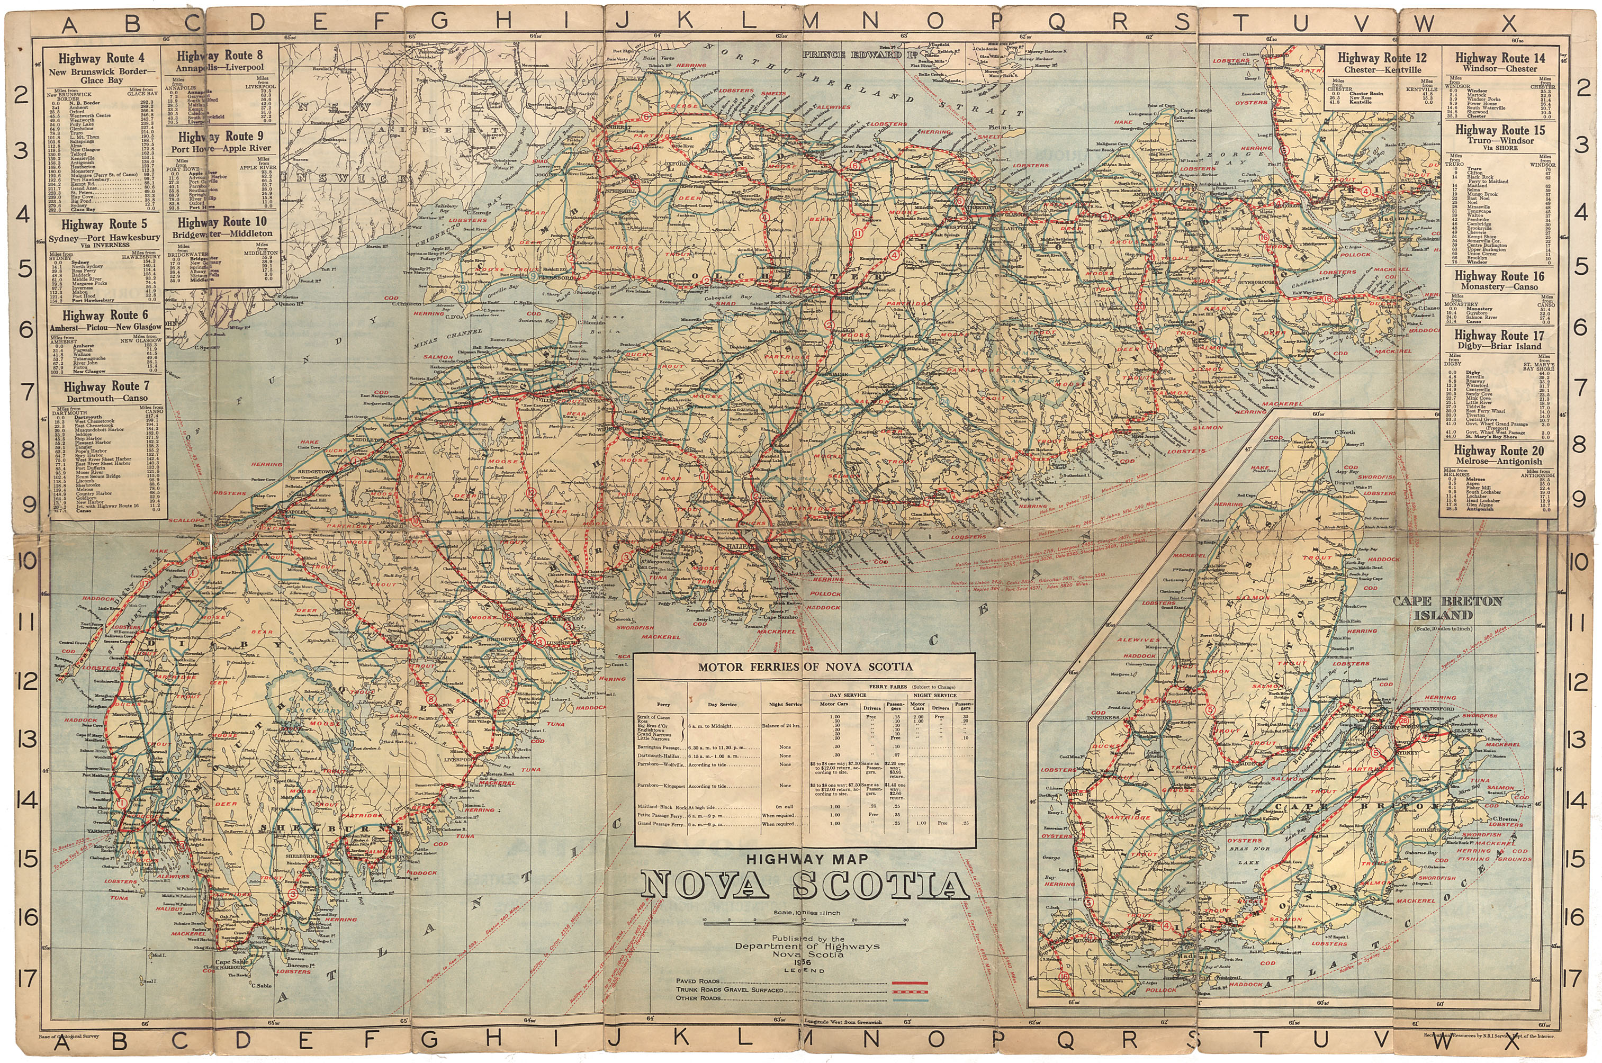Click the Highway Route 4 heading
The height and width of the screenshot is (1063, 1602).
101,59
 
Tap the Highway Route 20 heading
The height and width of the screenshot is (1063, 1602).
1498,451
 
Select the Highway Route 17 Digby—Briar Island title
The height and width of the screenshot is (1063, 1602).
1498,340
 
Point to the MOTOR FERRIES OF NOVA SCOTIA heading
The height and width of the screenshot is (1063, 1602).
805,667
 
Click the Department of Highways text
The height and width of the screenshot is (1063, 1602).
807,947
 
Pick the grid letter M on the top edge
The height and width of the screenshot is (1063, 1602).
812,22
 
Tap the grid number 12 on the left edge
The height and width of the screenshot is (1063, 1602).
26,682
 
